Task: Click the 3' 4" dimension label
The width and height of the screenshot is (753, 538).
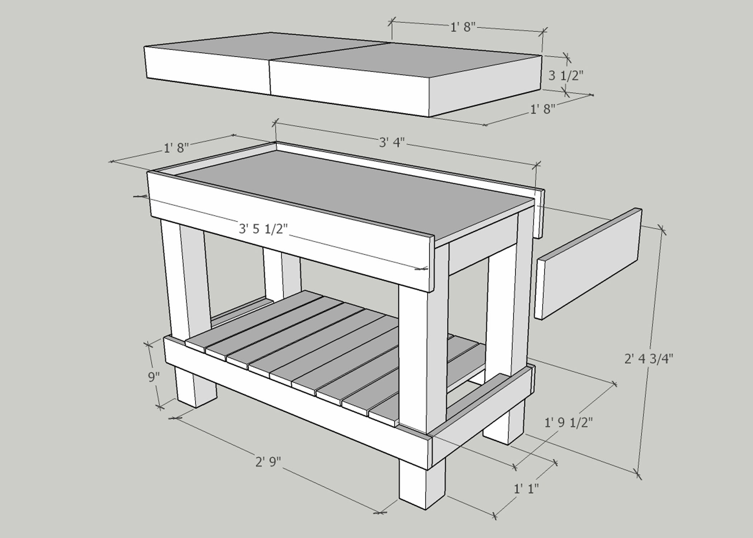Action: coord(392,142)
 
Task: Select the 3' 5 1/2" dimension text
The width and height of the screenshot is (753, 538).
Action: coord(263,228)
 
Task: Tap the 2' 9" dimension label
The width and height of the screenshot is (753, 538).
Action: coord(268,462)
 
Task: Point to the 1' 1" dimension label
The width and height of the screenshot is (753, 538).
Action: coord(526,489)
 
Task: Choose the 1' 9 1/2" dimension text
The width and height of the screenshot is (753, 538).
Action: coord(568,423)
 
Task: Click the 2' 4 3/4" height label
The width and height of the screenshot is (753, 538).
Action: coord(649,359)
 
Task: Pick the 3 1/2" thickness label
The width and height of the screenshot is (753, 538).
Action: coord(566,75)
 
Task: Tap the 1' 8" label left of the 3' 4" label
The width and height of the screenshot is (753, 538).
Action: coord(176,147)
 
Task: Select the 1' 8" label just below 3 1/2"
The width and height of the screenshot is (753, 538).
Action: coord(543,109)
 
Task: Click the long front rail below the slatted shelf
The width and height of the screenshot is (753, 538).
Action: coord(294,400)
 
